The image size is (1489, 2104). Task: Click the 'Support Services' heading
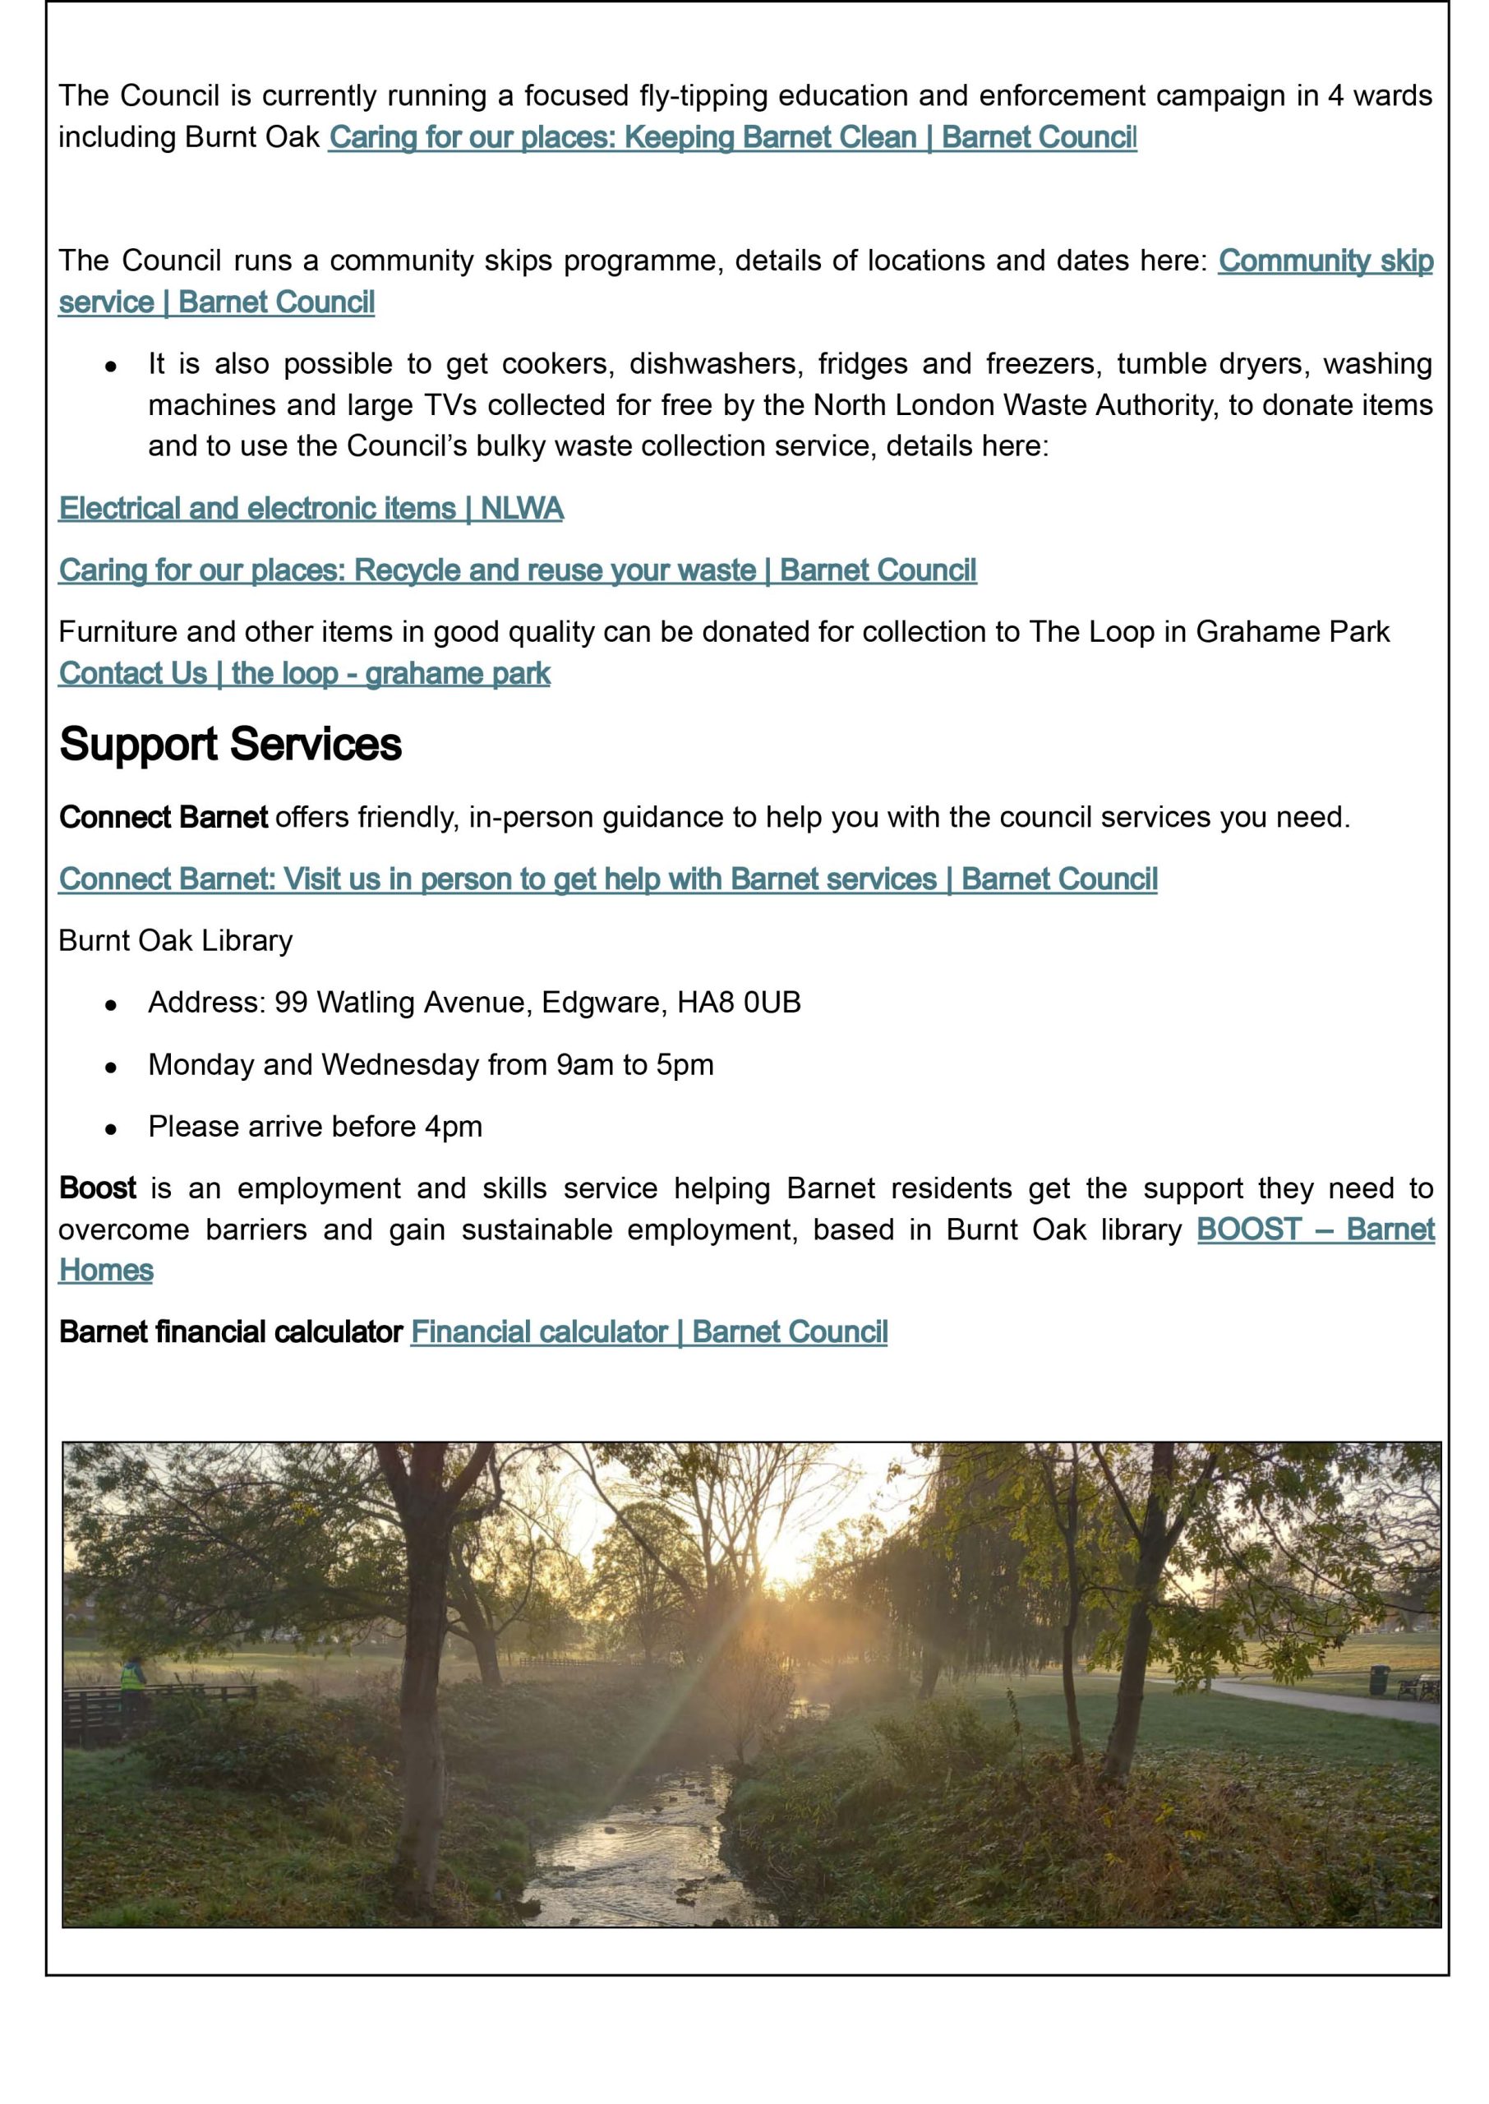[230, 744]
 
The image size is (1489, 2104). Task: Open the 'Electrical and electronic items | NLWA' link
[311, 509]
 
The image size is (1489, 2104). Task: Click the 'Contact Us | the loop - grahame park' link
[304, 674]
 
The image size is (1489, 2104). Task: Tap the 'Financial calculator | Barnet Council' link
[649, 1332]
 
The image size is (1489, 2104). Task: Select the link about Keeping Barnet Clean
[732, 137]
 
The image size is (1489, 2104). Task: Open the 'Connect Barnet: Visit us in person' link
[608, 879]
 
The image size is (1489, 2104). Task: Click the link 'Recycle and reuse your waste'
[518, 570]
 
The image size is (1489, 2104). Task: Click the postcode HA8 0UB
[739, 1003]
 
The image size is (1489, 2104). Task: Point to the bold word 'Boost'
[97, 1188]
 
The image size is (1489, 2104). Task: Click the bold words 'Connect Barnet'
[164, 817]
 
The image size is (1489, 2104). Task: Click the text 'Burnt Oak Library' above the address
[175, 940]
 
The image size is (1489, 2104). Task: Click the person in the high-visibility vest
[134, 1675]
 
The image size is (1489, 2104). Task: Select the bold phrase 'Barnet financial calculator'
[231, 1332]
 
